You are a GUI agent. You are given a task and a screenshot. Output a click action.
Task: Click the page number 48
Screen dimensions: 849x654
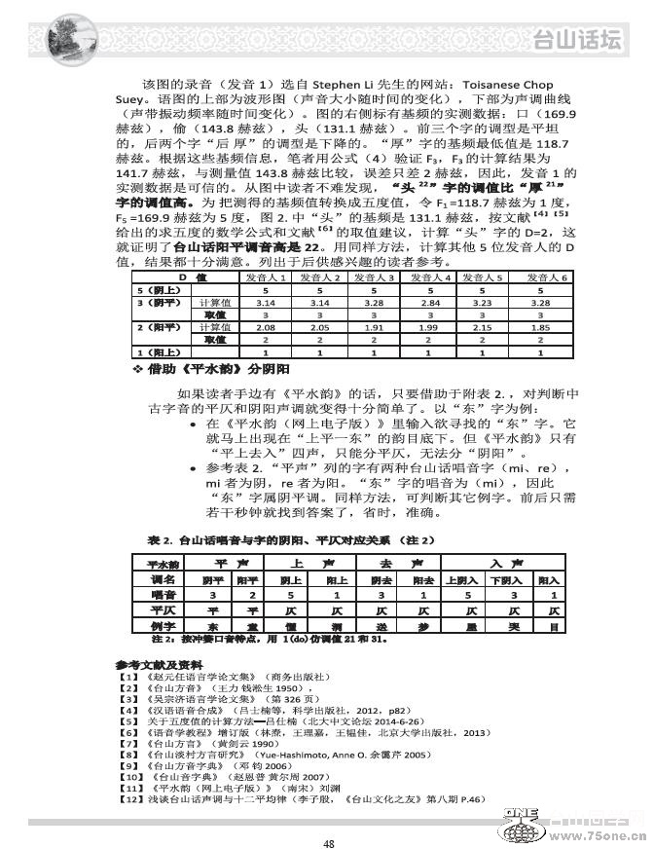(328, 817)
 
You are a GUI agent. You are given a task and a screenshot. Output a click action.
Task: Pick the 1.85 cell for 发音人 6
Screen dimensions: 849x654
(551, 328)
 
